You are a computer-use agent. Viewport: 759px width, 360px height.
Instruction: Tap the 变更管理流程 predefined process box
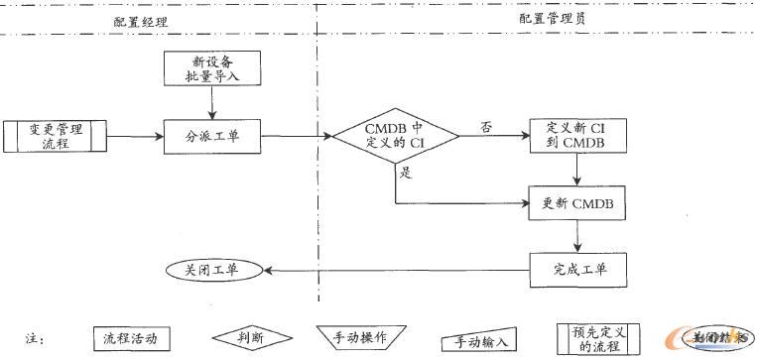pyautogui.click(x=56, y=136)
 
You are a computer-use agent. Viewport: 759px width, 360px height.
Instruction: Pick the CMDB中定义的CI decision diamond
pyautogui.click(x=395, y=136)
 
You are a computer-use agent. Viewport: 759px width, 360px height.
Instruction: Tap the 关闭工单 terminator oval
pyautogui.click(x=211, y=270)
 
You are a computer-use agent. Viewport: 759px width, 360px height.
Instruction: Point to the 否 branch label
pyautogui.click(x=485, y=126)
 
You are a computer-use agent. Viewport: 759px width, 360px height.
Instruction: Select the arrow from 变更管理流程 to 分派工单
pyautogui.click(x=135, y=136)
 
